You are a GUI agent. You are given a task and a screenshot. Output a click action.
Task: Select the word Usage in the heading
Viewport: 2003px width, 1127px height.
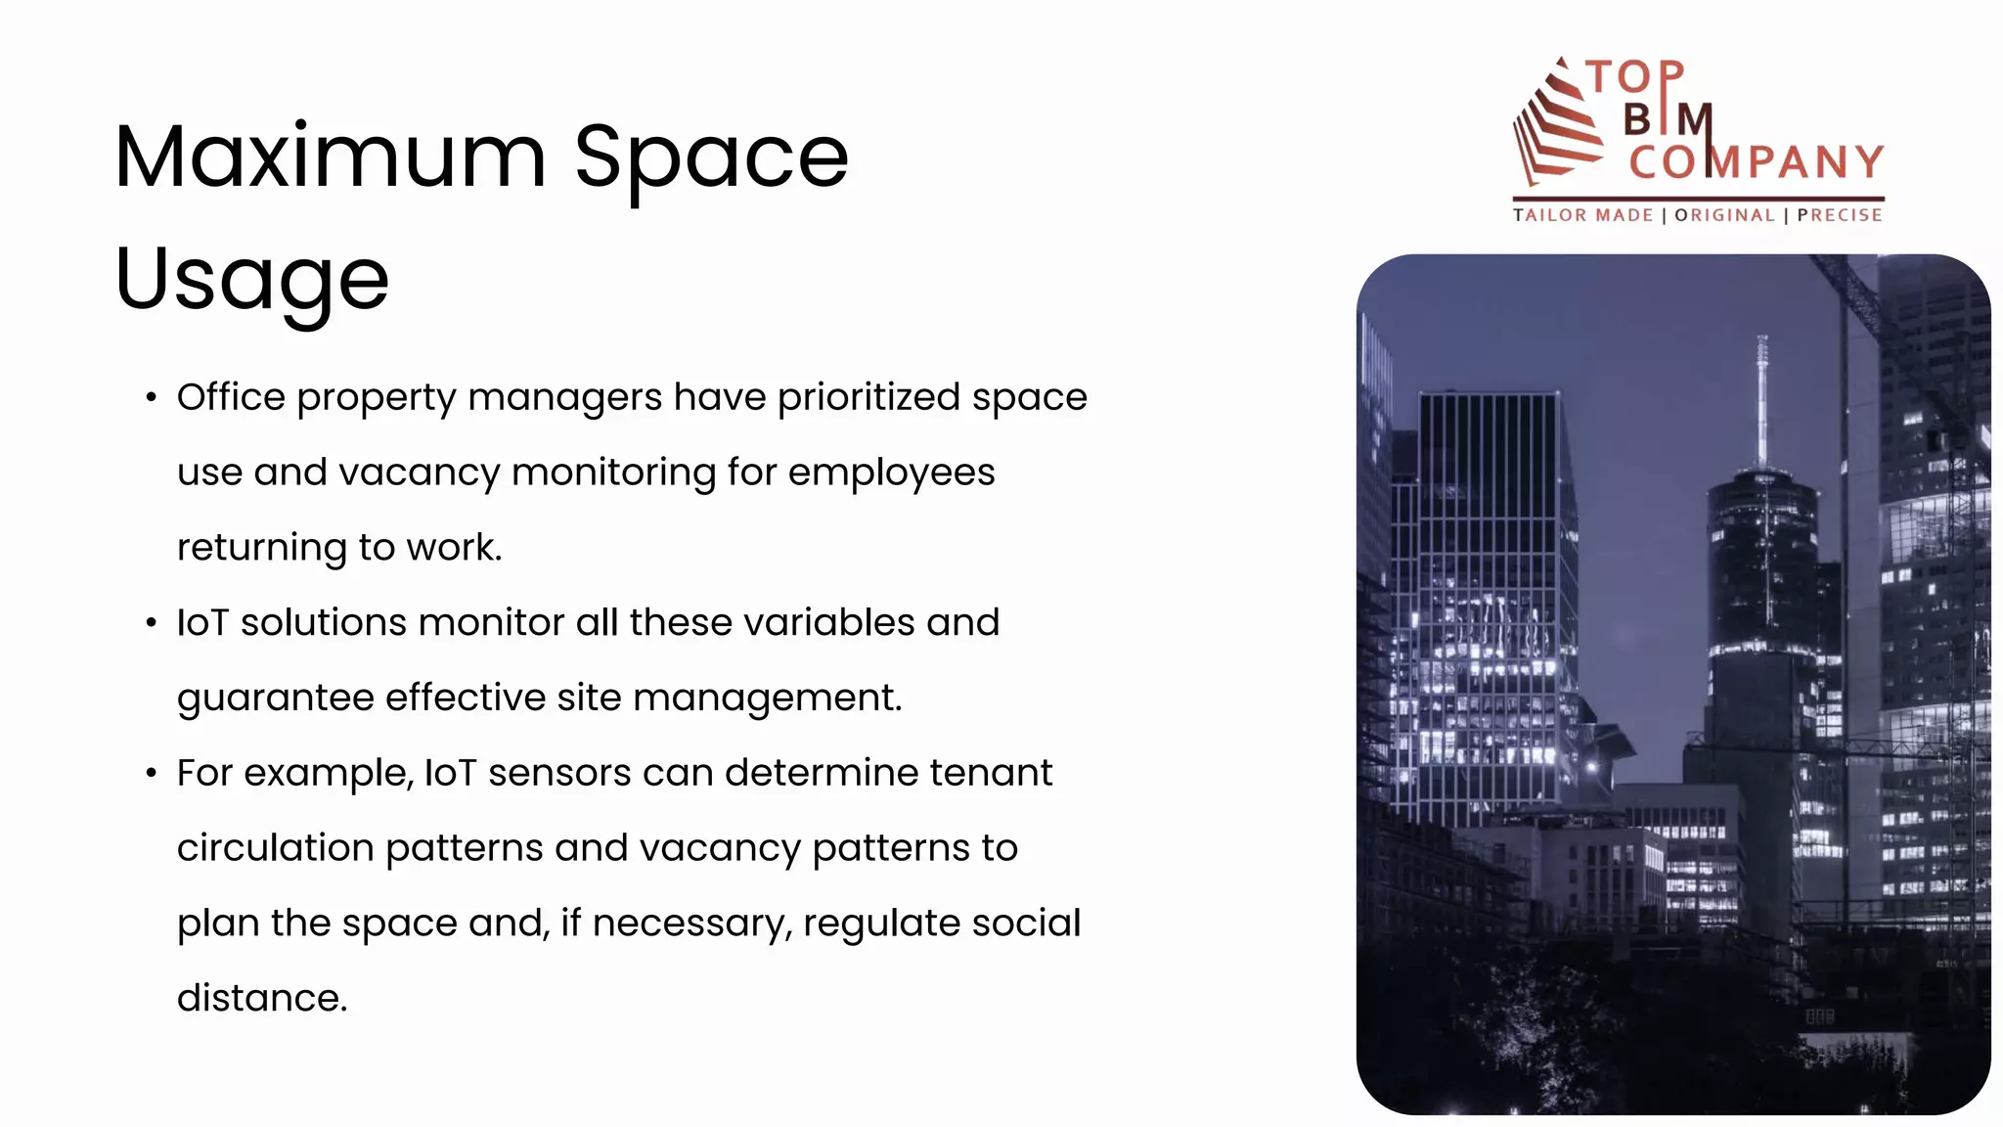251,281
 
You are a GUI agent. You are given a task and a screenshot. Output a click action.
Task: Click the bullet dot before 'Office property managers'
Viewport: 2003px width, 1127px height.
151,398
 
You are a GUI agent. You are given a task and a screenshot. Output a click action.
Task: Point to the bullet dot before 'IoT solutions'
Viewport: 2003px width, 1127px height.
151,623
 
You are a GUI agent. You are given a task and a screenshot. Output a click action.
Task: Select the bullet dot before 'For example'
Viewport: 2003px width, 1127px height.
151,774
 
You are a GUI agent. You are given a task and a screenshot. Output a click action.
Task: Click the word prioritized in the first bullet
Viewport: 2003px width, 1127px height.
868,398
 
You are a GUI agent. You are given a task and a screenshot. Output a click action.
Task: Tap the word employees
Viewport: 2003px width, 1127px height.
891,473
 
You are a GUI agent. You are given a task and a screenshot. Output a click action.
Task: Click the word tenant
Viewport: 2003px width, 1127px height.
990,773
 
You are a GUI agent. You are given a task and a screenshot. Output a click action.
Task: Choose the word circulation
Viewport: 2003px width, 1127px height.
275,848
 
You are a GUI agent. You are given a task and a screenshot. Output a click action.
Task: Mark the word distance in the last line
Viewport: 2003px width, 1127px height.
261,999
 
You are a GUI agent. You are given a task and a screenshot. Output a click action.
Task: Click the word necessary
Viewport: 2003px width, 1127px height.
691,924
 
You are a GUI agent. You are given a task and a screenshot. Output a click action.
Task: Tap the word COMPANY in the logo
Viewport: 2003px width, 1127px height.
1756,162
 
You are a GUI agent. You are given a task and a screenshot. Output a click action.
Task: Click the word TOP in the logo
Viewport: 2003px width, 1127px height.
1635,77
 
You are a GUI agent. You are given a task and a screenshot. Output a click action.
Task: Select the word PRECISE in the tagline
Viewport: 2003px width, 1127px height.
1840,215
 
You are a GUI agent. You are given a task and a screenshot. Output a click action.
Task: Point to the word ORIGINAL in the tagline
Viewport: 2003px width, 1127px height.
1724,215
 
